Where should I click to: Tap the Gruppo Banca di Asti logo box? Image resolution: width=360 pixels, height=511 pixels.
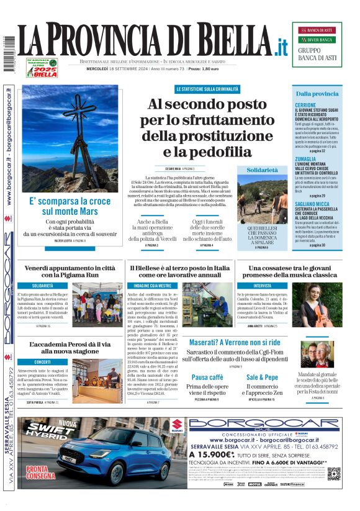[317, 44]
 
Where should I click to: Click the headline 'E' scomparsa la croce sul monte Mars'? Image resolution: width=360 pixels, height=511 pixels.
[70, 206]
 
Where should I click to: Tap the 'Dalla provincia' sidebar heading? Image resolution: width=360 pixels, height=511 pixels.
[317, 94]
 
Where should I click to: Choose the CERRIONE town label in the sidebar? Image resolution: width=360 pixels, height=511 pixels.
[305, 105]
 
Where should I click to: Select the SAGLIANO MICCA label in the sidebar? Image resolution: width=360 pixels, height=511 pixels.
[312, 204]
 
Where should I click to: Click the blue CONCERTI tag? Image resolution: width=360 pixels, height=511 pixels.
[43, 361]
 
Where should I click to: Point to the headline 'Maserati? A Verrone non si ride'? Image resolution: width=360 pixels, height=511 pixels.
[235, 342]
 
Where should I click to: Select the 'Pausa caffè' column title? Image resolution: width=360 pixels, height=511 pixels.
[207, 377]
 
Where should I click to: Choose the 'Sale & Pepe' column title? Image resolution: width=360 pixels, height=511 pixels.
[262, 377]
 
